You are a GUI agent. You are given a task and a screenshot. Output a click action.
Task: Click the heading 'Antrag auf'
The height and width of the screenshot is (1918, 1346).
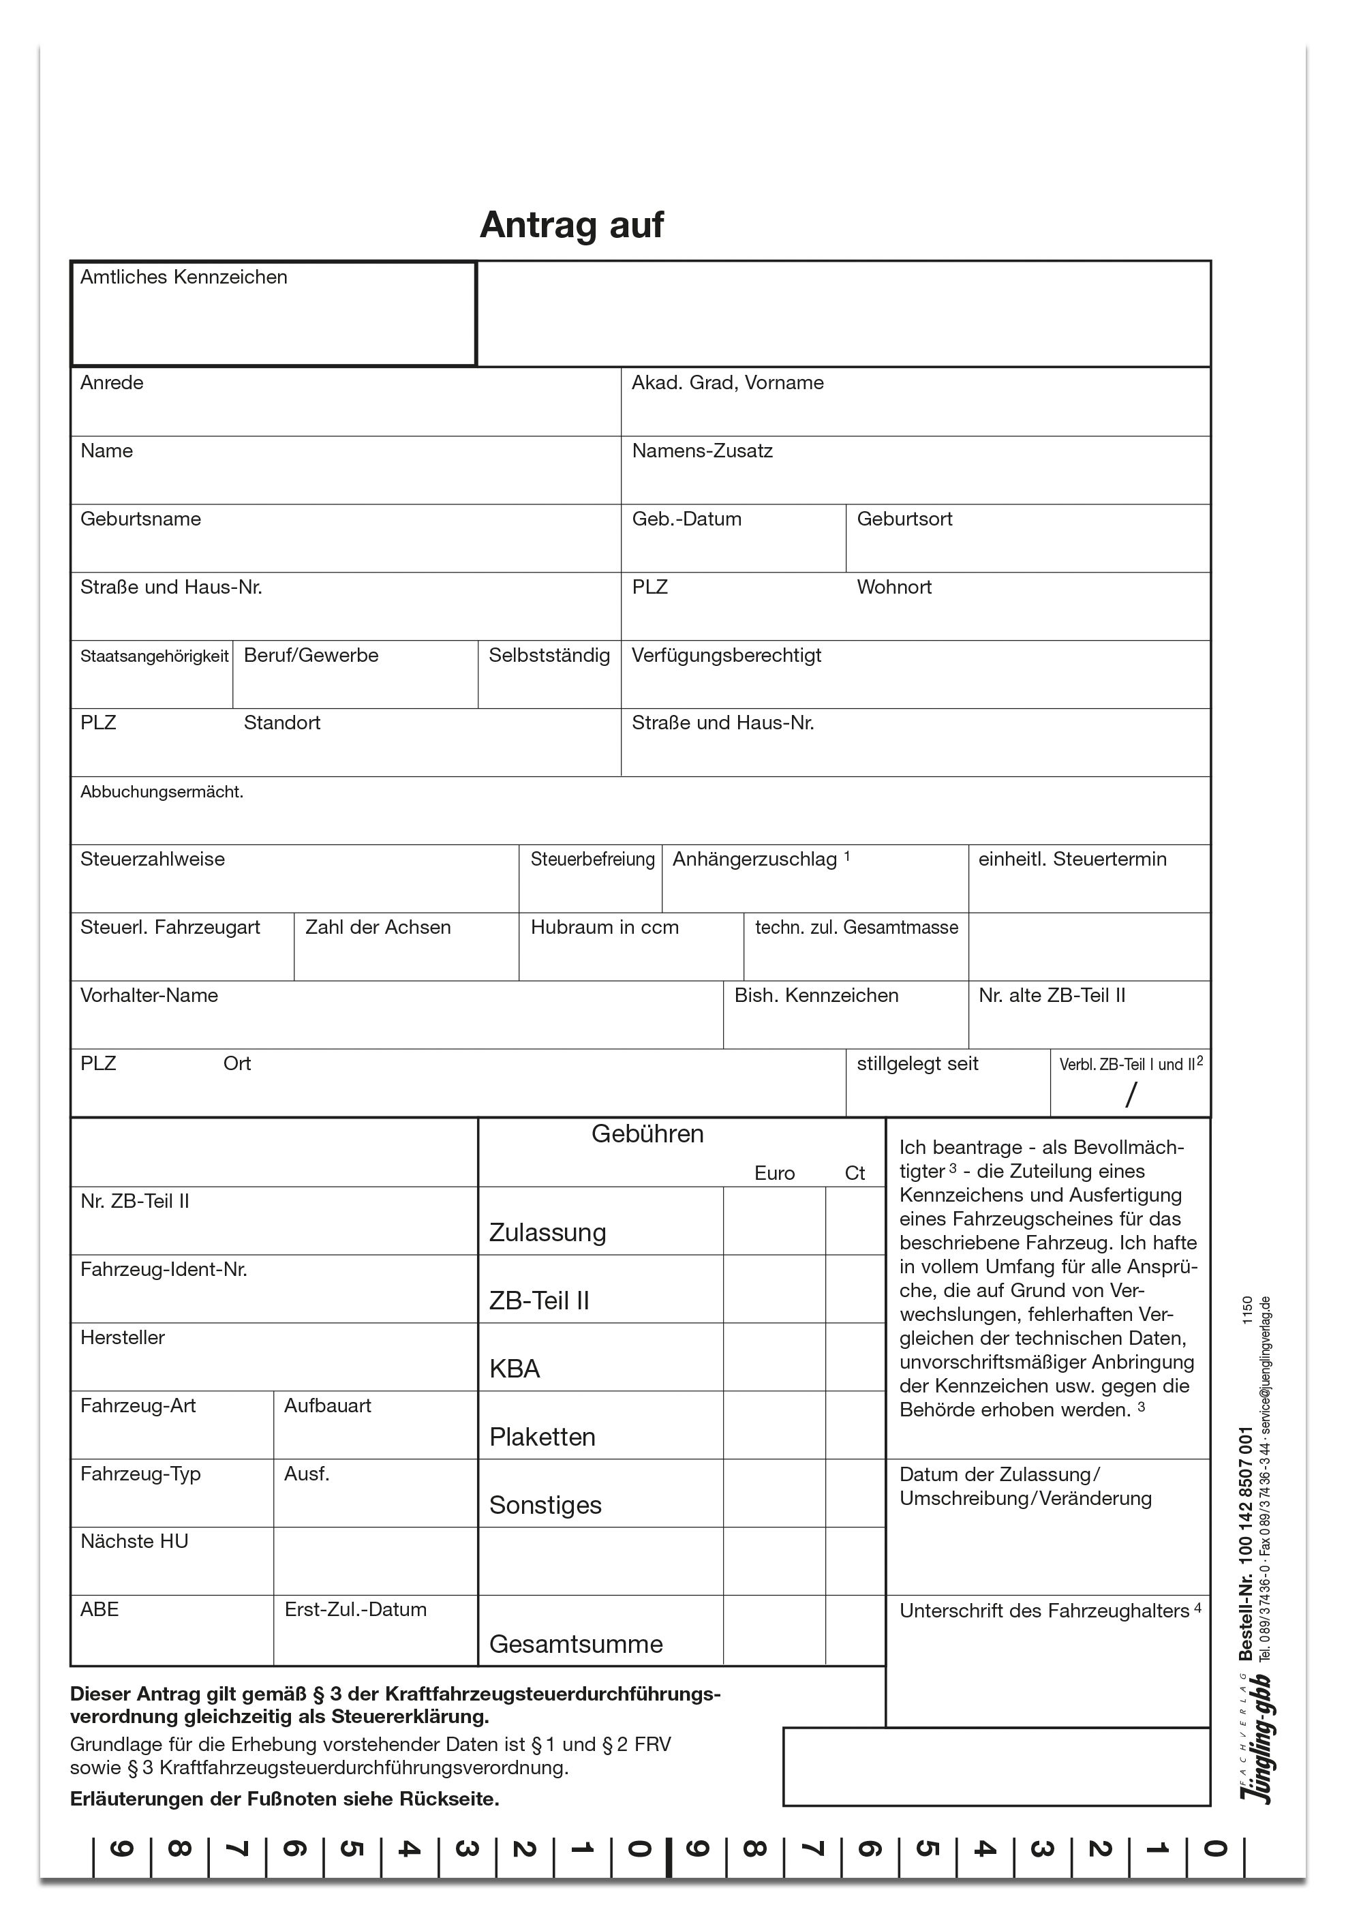point(572,225)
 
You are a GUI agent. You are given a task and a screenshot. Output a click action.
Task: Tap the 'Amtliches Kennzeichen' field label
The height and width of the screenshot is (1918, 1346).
point(184,277)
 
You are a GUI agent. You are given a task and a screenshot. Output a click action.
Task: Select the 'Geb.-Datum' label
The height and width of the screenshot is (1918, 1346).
point(686,519)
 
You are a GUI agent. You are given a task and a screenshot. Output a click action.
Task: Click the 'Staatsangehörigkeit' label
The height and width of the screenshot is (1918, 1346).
point(154,656)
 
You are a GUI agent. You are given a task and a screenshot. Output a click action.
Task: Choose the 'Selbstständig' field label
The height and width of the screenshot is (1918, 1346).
point(549,656)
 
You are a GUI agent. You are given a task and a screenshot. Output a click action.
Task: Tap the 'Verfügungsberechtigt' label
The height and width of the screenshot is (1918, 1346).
point(726,656)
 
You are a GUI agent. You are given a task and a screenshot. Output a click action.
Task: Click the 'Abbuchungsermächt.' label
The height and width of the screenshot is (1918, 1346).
point(162,792)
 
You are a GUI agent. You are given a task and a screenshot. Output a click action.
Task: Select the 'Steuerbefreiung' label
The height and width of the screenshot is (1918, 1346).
point(592,859)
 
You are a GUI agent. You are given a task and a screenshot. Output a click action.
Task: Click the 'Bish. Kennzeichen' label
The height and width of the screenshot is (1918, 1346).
point(816,996)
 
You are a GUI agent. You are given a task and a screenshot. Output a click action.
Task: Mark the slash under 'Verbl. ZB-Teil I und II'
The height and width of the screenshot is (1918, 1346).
point(1131,1095)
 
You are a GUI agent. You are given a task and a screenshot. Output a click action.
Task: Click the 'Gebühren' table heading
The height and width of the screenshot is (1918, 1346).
point(647,1134)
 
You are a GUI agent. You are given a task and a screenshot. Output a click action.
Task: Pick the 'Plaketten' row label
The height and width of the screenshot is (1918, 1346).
point(542,1437)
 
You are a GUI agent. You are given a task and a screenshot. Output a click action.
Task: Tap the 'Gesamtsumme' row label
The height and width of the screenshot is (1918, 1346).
point(576,1644)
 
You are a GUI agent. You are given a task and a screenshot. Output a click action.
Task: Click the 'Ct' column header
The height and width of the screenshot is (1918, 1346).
point(855,1174)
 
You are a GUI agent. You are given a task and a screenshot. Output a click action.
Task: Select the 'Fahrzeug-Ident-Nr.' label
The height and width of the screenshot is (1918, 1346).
point(164,1270)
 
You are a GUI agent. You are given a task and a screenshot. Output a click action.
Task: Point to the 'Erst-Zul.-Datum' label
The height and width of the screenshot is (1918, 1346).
point(355,1610)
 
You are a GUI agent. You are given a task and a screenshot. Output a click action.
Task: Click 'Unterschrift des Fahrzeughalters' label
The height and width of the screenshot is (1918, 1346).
point(1044,1611)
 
